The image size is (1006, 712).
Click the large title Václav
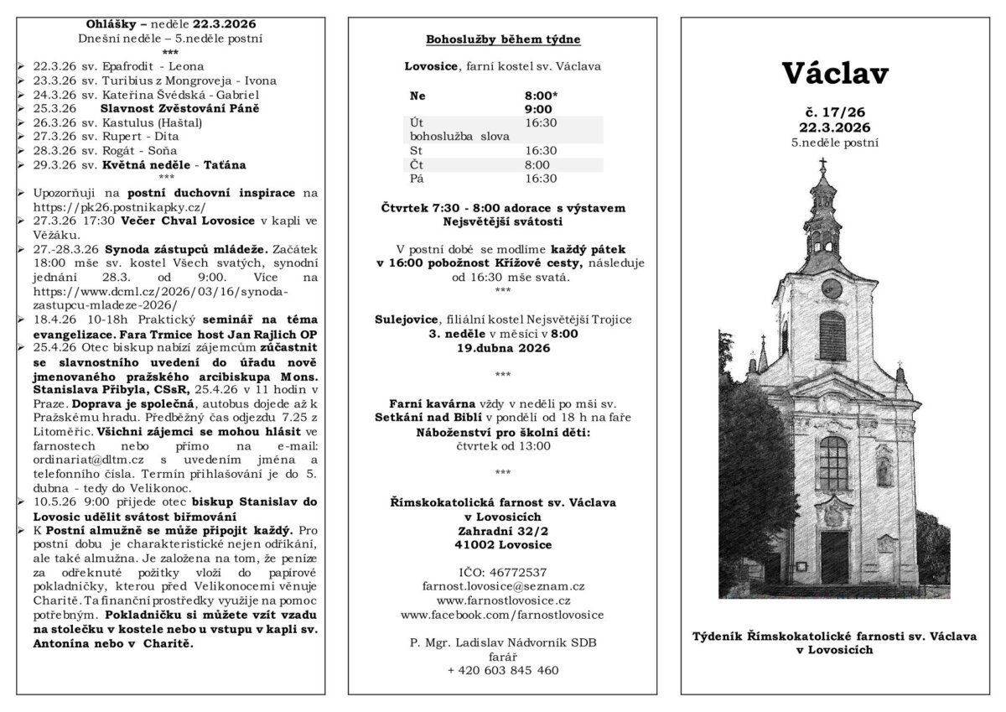click(836, 74)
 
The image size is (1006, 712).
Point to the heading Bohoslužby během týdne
click(503, 39)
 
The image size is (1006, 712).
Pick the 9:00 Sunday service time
click(537, 109)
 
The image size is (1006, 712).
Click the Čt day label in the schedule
click(417, 164)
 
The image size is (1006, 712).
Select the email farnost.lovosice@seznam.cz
click(503, 586)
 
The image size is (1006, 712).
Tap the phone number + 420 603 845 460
click(503, 670)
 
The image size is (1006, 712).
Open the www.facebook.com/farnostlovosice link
click(503, 615)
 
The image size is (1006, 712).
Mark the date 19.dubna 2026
click(503, 348)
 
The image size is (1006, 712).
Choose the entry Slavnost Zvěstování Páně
click(179, 108)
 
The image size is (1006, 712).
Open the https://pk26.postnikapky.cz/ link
click(119, 206)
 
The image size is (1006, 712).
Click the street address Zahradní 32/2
click(503, 531)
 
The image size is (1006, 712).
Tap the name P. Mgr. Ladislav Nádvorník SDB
click(503, 642)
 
